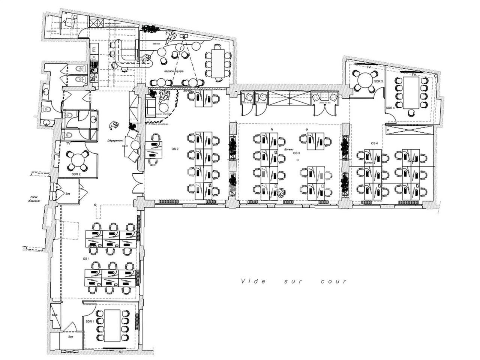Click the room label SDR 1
pyautogui.click(x=89, y=322)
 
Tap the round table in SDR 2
pyautogui.click(x=77, y=160)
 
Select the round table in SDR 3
pyautogui.click(x=363, y=80)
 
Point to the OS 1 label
pyautogui.click(x=86, y=259)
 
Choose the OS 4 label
pyautogui.click(x=374, y=143)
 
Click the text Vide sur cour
pyautogui.click(x=294, y=281)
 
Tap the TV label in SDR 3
pyautogui.click(x=369, y=67)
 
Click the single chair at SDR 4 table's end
pyautogui.click(x=412, y=112)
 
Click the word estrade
pyautogui.click(x=156, y=44)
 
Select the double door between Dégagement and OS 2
pyautogui.click(x=138, y=184)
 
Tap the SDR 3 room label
pyautogui.click(x=378, y=81)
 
